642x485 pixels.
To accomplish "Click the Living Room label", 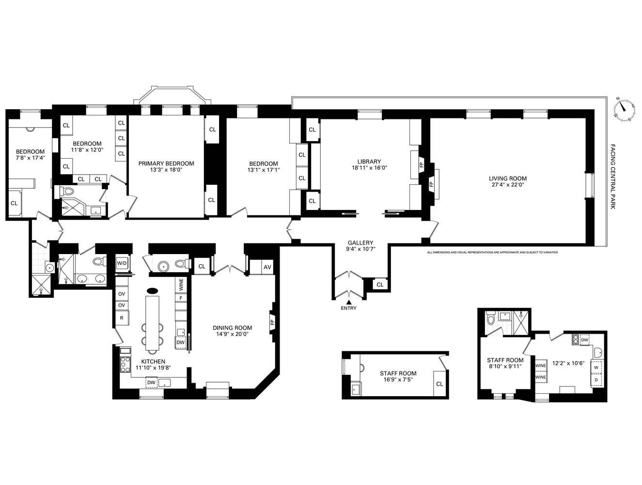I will tap(507, 178).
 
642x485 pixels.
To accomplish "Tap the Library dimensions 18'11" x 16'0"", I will tap(369, 168).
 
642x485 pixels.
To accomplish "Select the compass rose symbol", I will tap(624, 109).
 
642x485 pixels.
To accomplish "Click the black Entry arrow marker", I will tap(348, 302).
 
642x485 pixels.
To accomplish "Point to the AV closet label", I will tap(267, 267).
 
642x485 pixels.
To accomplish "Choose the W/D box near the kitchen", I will tap(122, 263).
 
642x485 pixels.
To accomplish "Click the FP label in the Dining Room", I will tap(272, 322).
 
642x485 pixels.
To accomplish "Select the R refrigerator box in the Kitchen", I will tap(121, 318).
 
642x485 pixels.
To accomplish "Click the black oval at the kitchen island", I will tap(152, 291).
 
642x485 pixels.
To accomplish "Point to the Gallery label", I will tap(360, 242).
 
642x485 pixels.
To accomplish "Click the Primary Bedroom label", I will tap(166, 163).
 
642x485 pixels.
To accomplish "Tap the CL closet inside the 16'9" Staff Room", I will tap(439, 384).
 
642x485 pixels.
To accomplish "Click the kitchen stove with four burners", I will tap(125, 363).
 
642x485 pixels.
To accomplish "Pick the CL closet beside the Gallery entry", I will tap(380, 285).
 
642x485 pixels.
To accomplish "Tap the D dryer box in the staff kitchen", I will tap(595, 380).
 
